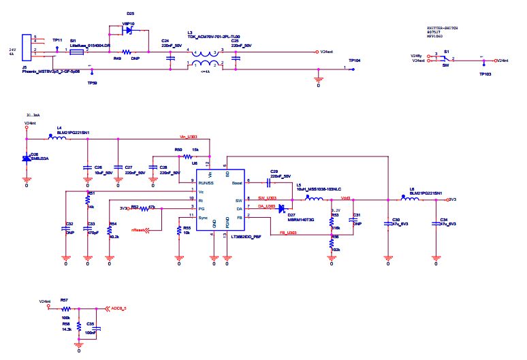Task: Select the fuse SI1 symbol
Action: pos(77,51)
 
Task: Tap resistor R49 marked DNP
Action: pos(127,51)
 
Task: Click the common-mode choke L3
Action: pos(202,59)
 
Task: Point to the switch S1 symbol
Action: pos(447,60)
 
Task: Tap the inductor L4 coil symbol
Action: pos(59,139)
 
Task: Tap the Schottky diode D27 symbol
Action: pos(281,209)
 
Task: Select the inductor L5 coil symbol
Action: pos(314,199)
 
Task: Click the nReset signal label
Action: pos(140,230)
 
